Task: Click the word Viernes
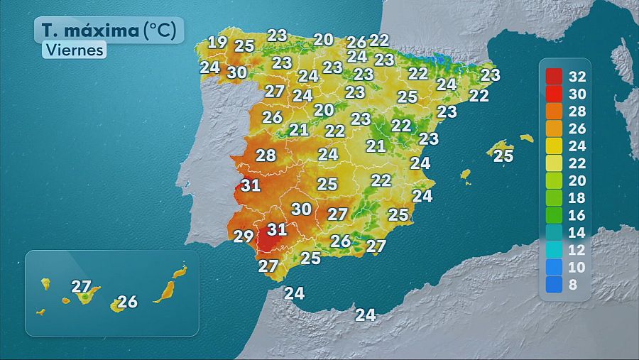point(74,50)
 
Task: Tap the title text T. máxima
point(88,31)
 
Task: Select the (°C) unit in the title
point(164,31)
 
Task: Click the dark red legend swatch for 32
point(555,76)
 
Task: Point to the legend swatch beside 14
point(555,233)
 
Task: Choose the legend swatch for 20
point(555,180)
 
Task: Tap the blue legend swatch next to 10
point(555,268)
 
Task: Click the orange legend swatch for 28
point(555,111)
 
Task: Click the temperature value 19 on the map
point(217,42)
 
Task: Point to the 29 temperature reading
point(244,236)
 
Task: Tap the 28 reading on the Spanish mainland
point(266,156)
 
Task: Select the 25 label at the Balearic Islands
point(503,156)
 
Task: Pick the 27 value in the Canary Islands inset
point(82,287)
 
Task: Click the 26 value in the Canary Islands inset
point(127,302)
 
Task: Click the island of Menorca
point(526,138)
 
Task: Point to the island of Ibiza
point(466,173)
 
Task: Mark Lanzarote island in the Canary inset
point(180,271)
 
